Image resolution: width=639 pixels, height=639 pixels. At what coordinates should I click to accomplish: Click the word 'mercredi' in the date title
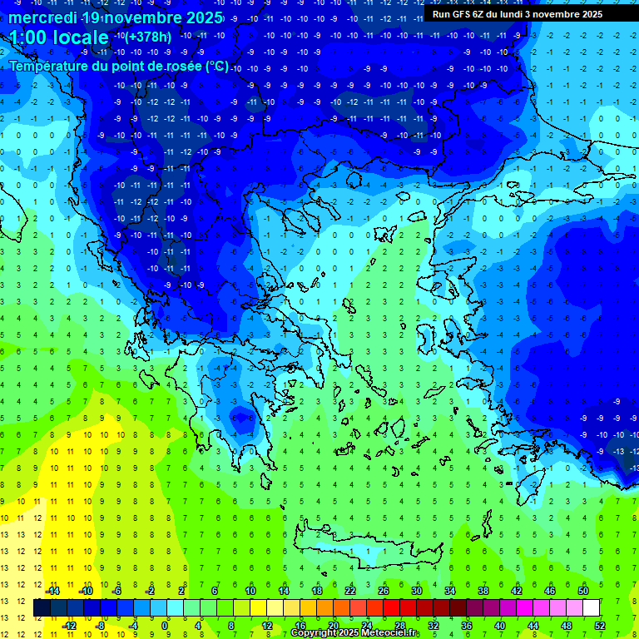tap(38, 17)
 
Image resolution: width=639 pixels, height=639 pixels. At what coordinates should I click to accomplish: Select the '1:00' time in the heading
tap(30, 38)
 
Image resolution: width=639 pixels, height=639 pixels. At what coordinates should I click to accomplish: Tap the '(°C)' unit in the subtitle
tap(216, 66)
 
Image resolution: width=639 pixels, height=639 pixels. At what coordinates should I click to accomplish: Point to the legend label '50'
tap(583, 591)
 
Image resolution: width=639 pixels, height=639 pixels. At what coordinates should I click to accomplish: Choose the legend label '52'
tap(599, 626)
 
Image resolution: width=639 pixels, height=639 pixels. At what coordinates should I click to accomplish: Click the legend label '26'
tap(384, 591)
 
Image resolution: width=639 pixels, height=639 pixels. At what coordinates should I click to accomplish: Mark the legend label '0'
tap(165, 626)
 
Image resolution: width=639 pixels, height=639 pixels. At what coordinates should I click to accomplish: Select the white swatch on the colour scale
tap(591, 608)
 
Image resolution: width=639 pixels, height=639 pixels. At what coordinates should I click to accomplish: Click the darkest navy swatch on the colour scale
tap(42, 608)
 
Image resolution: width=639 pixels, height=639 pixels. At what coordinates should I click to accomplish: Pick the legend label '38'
tap(483, 591)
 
